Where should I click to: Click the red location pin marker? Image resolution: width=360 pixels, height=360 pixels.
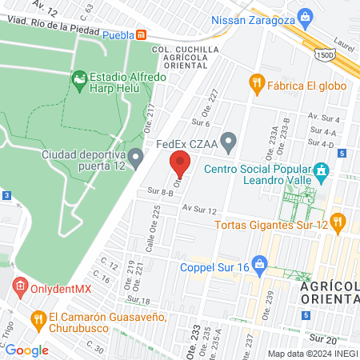pos(180,165)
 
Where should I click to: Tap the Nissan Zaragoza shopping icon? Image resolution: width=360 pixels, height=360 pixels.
pos(305,17)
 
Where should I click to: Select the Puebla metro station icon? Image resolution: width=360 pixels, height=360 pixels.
pos(142,35)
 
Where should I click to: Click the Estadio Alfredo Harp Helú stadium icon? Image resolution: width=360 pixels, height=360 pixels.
pos(79,78)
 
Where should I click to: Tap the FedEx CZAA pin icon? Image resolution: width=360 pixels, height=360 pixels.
pos(229,144)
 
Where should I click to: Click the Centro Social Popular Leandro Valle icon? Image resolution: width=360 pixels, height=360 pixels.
pos(322,170)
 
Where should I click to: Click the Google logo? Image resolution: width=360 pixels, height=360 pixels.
pos(26,350)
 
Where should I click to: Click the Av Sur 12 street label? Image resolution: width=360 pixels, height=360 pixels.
pos(199,209)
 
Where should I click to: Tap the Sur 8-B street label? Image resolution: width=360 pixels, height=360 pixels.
pos(160,192)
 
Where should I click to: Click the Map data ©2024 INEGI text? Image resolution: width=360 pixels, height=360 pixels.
pos(312,354)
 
